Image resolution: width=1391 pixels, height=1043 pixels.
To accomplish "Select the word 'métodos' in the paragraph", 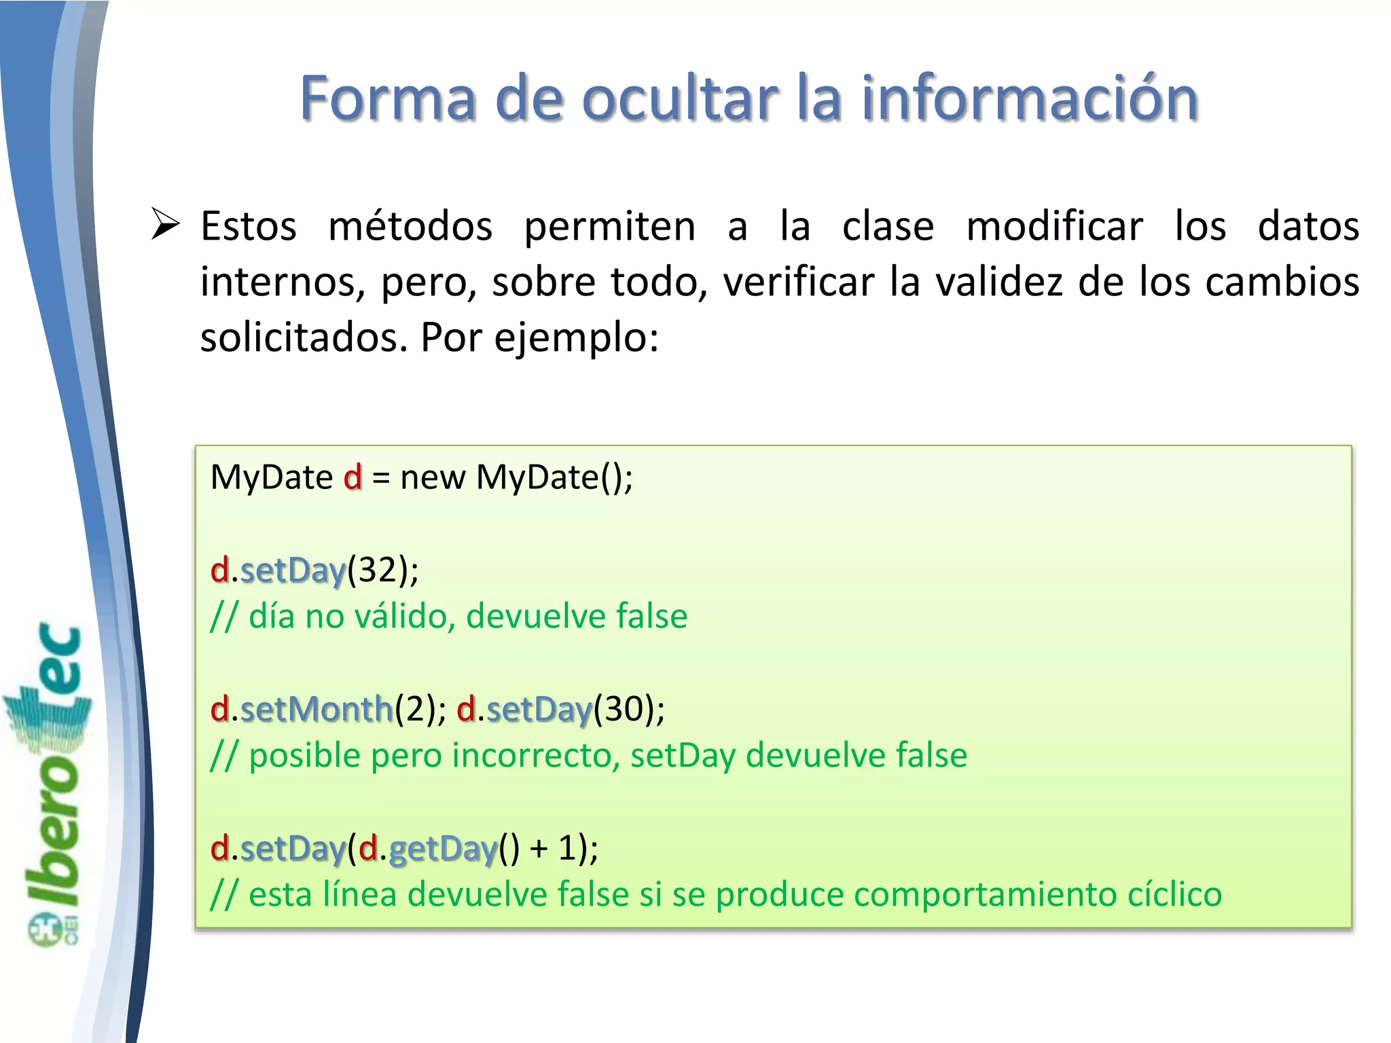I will click(x=410, y=226).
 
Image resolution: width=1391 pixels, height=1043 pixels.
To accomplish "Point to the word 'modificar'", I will click(x=1055, y=226).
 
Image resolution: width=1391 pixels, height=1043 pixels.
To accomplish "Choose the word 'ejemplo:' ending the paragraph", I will click(x=576, y=337).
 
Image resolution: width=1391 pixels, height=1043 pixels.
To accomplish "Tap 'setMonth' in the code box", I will click(x=317, y=710).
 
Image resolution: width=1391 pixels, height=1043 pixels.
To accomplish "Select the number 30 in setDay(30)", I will click(x=624, y=710).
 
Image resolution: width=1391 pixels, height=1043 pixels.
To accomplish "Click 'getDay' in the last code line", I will click(x=443, y=849).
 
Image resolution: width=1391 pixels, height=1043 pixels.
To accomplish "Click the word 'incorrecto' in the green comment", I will click(x=536, y=756).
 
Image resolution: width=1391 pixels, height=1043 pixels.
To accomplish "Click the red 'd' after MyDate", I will click(x=353, y=477).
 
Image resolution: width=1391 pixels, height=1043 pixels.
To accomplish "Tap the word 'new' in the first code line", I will click(x=433, y=477).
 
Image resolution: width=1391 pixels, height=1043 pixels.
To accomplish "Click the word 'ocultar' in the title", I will click(x=680, y=98).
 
